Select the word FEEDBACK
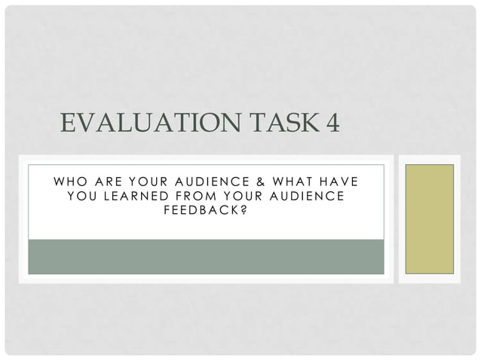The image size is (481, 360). (201, 210)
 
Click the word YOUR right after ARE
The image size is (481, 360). (152, 181)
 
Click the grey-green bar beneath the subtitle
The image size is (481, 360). (206, 256)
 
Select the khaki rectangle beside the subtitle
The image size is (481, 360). (430, 218)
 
